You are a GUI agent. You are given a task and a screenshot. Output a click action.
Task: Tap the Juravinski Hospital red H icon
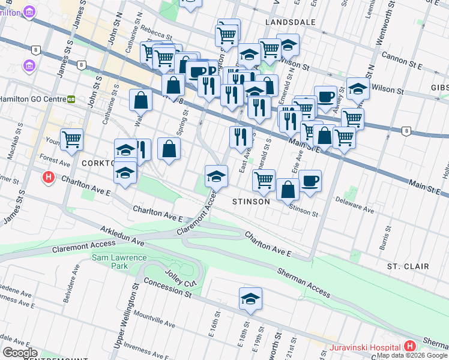(x=410, y=346)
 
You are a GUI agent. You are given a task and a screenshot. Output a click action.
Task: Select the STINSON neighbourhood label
(x=251, y=202)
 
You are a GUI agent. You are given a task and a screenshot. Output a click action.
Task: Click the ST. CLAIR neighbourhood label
(x=408, y=266)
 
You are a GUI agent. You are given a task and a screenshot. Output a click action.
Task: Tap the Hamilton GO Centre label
(x=30, y=98)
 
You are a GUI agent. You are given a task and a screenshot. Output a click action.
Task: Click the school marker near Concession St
(x=250, y=298)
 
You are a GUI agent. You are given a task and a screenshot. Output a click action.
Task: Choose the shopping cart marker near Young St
(x=71, y=139)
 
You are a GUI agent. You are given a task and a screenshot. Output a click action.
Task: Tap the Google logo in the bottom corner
(x=20, y=353)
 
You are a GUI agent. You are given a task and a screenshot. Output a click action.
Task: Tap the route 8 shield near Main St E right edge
(x=406, y=131)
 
